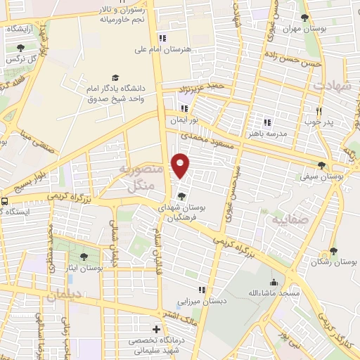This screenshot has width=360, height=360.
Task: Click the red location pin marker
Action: [181, 165]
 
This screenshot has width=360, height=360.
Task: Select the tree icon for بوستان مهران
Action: [304, 18]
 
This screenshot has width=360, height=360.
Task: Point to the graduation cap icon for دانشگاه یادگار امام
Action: [115, 78]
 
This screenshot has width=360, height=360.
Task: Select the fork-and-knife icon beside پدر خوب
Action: [319, 110]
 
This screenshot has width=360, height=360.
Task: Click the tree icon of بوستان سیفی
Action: [321, 166]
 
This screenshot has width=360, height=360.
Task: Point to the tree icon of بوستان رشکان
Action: [333, 251]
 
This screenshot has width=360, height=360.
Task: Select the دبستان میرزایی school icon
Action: [202, 290]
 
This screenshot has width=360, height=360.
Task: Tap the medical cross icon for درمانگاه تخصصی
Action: [156, 328]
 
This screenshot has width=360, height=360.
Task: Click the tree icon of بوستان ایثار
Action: [84, 257]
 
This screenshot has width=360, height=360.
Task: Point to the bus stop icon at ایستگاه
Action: [5, 201]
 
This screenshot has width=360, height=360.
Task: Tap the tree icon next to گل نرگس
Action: [20, 49]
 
